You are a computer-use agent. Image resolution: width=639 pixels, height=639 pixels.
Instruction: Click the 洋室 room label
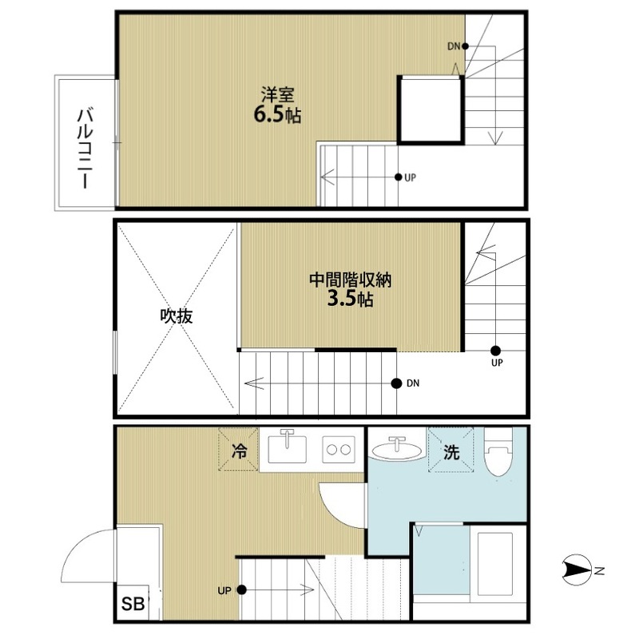[x=277, y=95]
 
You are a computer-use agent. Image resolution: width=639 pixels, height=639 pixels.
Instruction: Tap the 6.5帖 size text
[x=277, y=115]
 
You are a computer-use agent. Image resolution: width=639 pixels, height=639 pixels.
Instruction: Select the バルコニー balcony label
[x=85, y=148]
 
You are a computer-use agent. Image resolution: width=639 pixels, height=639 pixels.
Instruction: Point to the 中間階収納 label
[x=350, y=280]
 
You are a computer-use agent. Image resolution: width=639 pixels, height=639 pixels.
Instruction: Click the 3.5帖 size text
[x=350, y=299]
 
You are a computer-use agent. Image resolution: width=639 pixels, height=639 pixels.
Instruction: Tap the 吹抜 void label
[x=176, y=316]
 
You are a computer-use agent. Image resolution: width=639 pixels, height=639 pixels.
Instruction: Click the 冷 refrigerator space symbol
[x=239, y=450]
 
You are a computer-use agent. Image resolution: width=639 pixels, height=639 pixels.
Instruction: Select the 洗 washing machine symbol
[x=451, y=450]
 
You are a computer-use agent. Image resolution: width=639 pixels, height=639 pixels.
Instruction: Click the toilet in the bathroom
[x=498, y=452]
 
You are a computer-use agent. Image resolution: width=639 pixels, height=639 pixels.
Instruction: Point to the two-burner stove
[x=339, y=450]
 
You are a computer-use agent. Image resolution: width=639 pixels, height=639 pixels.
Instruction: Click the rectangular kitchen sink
[x=288, y=449]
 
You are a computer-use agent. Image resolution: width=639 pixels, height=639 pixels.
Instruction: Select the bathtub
[x=494, y=564]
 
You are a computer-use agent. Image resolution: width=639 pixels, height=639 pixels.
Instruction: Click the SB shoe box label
[x=133, y=604]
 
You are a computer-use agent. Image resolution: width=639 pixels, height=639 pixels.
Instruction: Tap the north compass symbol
[x=577, y=570]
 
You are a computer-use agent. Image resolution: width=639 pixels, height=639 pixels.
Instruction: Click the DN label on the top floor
[x=454, y=46]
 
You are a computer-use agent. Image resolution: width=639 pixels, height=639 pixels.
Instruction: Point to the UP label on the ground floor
[x=224, y=590]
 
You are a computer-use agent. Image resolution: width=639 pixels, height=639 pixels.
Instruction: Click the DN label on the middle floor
[x=413, y=383]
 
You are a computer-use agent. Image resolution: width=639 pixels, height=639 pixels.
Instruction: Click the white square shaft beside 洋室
[x=431, y=109]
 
